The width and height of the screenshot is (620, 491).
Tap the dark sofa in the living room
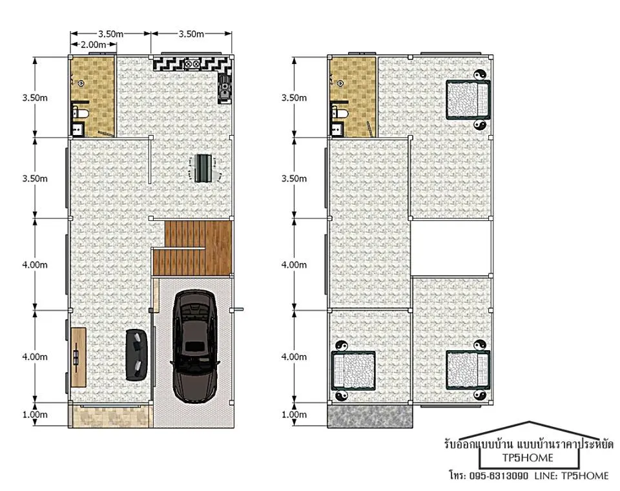click(137, 355)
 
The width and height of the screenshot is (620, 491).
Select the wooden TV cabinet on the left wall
click(78, 357)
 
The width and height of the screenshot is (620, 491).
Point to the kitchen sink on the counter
click(225, 89)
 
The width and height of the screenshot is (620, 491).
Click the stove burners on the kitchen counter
click(192, 64)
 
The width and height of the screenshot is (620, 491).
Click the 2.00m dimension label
click(93, 45)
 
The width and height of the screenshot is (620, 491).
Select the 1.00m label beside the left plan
click(35, 415)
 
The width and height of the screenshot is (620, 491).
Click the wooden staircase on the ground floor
click(192, 248)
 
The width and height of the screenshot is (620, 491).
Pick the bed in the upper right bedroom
click(468, 99)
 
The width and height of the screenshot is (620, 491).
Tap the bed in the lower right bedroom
click(468, 370)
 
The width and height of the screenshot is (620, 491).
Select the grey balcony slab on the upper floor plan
click(369, 416)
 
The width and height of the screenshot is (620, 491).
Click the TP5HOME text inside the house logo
click(528, 458)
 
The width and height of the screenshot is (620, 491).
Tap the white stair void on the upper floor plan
click(451, 248)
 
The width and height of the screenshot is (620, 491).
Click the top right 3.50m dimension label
click(191, 34)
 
